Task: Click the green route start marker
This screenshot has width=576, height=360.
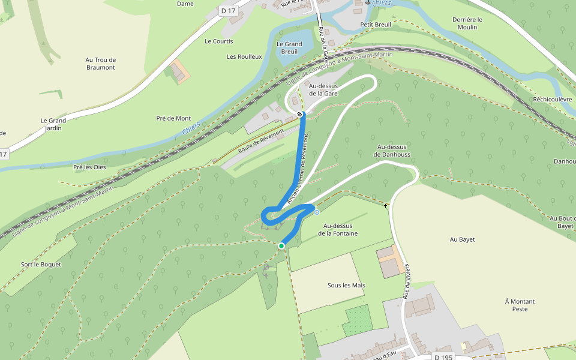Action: (x=281, y=245)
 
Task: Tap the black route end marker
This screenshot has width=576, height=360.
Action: (x=299, y=113)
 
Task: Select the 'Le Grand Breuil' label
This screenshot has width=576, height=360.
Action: (x=289, y=48)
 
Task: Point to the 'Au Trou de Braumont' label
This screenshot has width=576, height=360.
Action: (x=100, y=64)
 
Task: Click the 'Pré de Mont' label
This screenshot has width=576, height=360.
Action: (x=173, y=118)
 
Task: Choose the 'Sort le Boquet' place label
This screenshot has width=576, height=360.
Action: (x=41, y=264)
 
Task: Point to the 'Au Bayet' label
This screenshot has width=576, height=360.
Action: (x=463, y=239)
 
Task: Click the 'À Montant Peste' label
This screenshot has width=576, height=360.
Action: (x=520, y=305)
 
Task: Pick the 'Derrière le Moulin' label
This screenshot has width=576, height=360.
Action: (x=467, y=23)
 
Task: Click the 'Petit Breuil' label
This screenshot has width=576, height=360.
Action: (x=376, y=25)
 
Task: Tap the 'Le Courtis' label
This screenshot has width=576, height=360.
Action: (x=218, y=41)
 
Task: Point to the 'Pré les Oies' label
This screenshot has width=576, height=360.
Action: (x=89, y=167)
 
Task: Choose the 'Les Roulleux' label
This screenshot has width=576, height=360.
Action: (x=244, y=56)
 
